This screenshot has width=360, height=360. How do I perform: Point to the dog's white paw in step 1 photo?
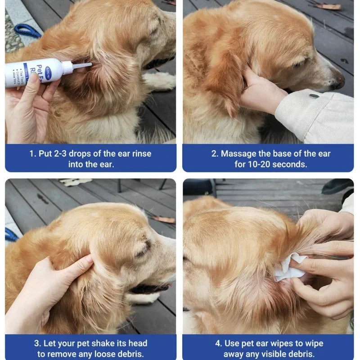[160, 81]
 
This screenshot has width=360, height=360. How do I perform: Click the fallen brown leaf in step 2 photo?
[327, 6]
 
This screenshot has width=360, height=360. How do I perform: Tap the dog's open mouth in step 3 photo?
[151, 288]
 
